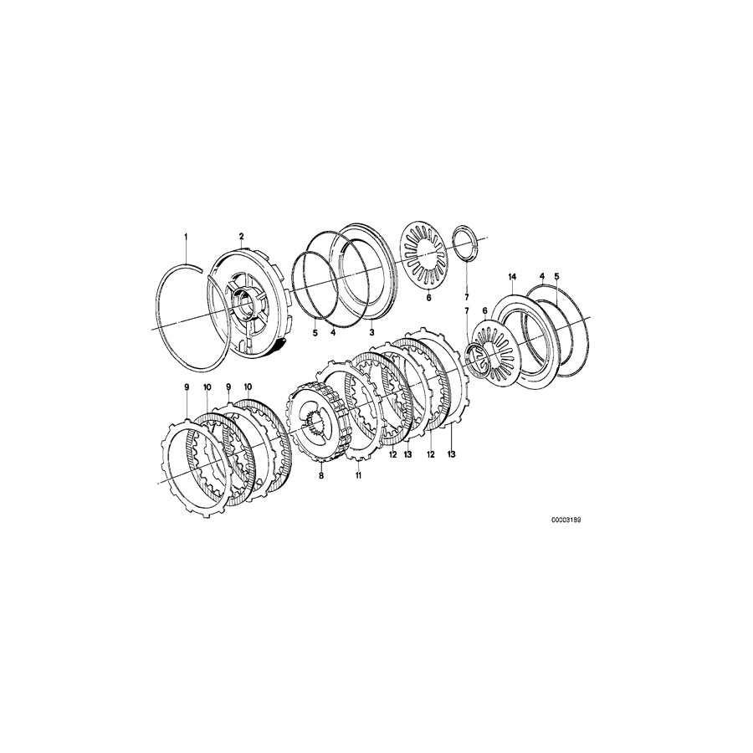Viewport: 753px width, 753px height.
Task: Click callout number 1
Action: click(187, 238)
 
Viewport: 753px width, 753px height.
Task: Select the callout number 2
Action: click(241, 237)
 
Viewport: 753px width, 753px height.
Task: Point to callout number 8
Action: click(320, 475)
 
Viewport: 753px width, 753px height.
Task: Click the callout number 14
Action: click(512, 277)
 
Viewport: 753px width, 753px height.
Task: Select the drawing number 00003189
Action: click(566, 520)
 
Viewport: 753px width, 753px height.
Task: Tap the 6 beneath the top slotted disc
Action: click(428, 297)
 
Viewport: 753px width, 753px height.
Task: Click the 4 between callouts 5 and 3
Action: click(333, 332)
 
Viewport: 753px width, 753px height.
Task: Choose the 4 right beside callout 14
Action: click(541, 277)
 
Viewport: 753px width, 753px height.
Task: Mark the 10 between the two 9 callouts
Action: click(207, 387)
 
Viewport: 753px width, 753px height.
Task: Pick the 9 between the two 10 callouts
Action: click(228, 387)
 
